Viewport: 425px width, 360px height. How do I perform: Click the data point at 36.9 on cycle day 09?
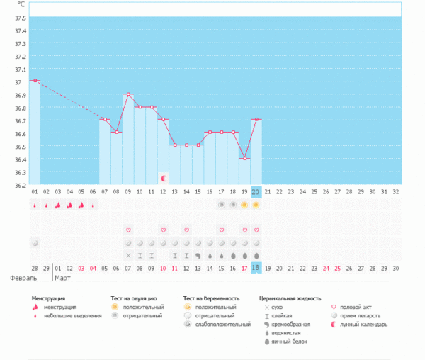click(128, 94)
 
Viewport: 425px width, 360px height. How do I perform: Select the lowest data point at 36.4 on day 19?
click(244, 158)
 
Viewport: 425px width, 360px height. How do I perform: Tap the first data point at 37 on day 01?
click(35, 81)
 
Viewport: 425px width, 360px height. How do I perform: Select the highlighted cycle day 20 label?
click(256, 191)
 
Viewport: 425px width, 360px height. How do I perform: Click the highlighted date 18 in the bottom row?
click(256, 268)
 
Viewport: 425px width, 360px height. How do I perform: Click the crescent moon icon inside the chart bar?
click(164, 177)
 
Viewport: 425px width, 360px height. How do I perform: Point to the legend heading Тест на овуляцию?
click(134, 299)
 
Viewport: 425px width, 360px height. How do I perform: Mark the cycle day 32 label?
click(395, 191)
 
